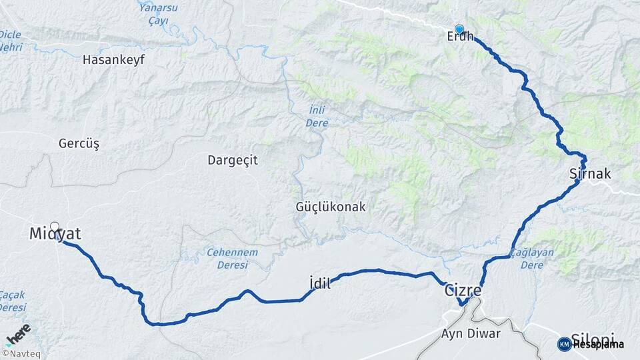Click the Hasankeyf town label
point(113,60)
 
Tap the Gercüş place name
point(79,143)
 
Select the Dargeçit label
point(233,160)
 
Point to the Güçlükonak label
point(331,207)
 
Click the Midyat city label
point(55,234)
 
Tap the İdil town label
point(321,283)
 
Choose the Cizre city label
point(463,291)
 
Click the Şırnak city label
point(590,173)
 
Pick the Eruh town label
point(460,37)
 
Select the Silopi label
point(593,338)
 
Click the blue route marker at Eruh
point(459,29)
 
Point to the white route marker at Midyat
point(54,226)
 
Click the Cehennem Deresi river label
point(232,259)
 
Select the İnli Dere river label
point(317,117)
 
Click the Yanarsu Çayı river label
point(157,13)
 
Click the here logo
point(18,333)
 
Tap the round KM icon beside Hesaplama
point(564,344)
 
